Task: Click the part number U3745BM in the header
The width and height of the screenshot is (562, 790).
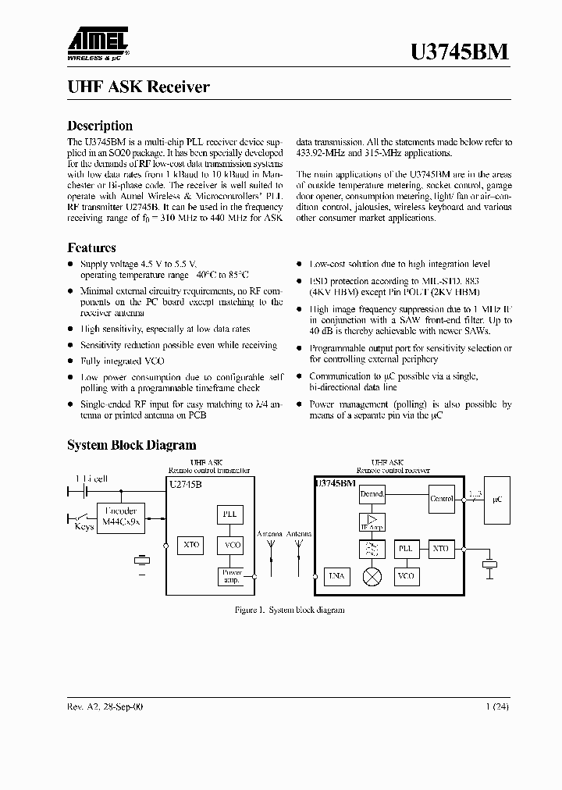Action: [460, 52]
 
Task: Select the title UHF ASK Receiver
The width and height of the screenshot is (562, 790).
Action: [139, 87]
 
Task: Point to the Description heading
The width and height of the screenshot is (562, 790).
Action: [100, 126]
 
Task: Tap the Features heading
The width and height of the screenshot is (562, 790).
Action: [92, 247]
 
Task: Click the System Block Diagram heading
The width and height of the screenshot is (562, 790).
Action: [132, 445]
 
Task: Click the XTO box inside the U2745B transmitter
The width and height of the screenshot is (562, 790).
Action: [191, 545]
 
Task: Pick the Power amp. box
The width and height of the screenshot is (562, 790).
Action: [232, 577]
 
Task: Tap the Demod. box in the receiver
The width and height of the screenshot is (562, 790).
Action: [372, 495]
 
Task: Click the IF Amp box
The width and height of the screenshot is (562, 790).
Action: [372, 522]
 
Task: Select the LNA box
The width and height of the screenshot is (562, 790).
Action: [337, 576]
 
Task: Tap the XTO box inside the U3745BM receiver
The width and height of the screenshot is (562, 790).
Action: [441, 549]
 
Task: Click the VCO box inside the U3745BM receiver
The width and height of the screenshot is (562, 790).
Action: [406, 576]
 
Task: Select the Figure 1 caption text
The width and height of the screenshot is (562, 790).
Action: [290, 610]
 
